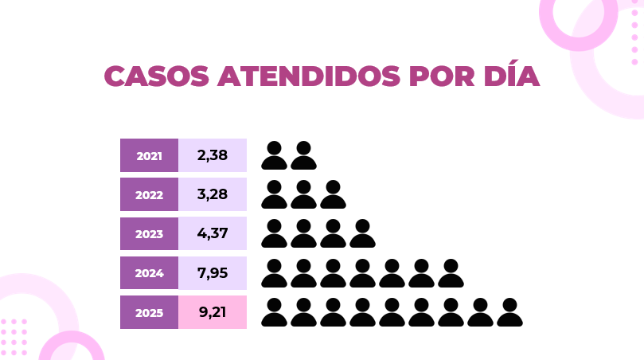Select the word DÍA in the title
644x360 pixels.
(x=505, y=76)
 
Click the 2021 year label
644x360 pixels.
(x=149, y=156)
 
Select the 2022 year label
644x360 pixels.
(x=149, y=195)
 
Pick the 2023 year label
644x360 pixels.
(x=149, y=234)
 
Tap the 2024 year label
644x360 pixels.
(x=149, y=273)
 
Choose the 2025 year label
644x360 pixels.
(x=149, y=312)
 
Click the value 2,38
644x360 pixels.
(x=213, y=155)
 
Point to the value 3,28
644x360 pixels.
(x=213, y=194)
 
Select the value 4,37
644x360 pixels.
(x=213, y=233)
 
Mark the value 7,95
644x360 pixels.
(x=213, y=272)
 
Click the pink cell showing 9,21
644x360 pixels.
(x=213, y=311)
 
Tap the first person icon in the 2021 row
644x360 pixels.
(x=274, y=155)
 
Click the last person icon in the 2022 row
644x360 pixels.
(x=333, y=194)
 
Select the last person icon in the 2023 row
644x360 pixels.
(x=362, y=233)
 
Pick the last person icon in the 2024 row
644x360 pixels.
(x=451, y=272)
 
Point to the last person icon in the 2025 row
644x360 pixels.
(x=509, y=311)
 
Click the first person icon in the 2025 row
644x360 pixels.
(x=274, y=311)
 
